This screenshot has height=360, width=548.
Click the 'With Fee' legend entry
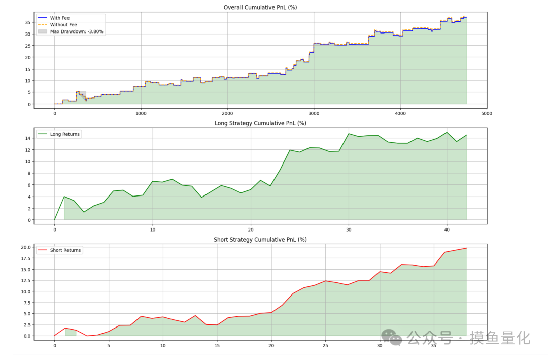click(60, 18)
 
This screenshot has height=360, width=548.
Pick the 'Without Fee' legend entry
click(63, 24)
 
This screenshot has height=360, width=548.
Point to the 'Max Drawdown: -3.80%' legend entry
click(77, 31)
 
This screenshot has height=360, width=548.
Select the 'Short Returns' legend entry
click(65, 250)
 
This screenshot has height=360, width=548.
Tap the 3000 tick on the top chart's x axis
click(314, 114)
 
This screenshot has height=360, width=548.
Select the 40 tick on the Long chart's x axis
click(447, 230)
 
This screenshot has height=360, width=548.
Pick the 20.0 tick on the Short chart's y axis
click(25, 247)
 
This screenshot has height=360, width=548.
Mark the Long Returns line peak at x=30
click(349, 134)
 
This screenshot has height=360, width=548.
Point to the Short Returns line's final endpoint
click(466, 248)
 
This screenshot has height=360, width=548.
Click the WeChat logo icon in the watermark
click(392, 337)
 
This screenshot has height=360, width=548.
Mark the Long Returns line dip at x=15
click(201, 197)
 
